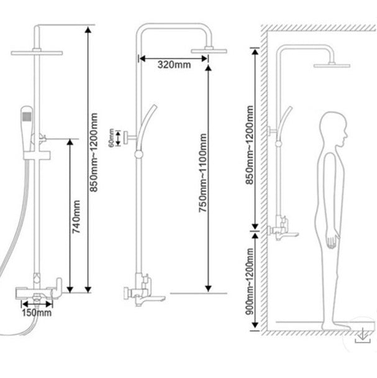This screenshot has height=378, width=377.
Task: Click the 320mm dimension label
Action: (174, 65)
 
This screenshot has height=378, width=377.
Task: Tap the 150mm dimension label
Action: (37, 313)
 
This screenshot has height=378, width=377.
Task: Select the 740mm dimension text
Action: (76, 217)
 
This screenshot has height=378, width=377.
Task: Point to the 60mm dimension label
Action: (111, 138)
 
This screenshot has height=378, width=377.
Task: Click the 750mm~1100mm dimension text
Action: (202, 173)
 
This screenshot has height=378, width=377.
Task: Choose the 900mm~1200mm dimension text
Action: (250, 282)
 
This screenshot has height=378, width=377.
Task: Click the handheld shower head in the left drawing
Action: (26, 128)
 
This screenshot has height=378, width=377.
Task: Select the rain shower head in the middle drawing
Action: (209, 51)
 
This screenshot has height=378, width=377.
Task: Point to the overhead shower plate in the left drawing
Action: (37, 53)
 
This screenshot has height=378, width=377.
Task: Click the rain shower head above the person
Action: (332, 65)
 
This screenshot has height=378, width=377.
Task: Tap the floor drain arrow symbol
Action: (363, 336)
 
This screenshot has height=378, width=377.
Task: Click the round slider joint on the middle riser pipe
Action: (139, 154)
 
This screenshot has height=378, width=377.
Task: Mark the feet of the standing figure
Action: (336, 326)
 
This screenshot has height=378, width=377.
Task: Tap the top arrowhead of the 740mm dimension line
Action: (70, 142)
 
